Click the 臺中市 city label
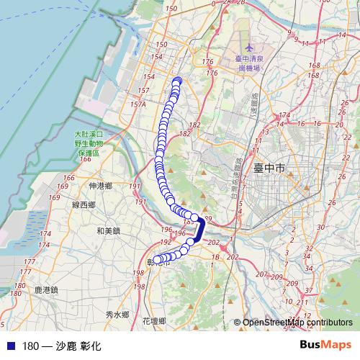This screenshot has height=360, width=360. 270,168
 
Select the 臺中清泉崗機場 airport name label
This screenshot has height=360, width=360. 249,62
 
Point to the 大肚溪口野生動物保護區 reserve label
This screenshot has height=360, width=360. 89,143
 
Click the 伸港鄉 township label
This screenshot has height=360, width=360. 100,186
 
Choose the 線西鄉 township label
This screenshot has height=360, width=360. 84,205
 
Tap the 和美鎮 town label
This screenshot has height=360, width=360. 108,231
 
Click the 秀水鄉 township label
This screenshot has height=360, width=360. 116,315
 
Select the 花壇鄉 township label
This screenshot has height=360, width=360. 154,320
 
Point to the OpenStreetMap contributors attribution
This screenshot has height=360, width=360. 297,323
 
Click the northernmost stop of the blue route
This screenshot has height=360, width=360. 176,81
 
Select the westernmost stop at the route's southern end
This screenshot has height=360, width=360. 158,260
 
